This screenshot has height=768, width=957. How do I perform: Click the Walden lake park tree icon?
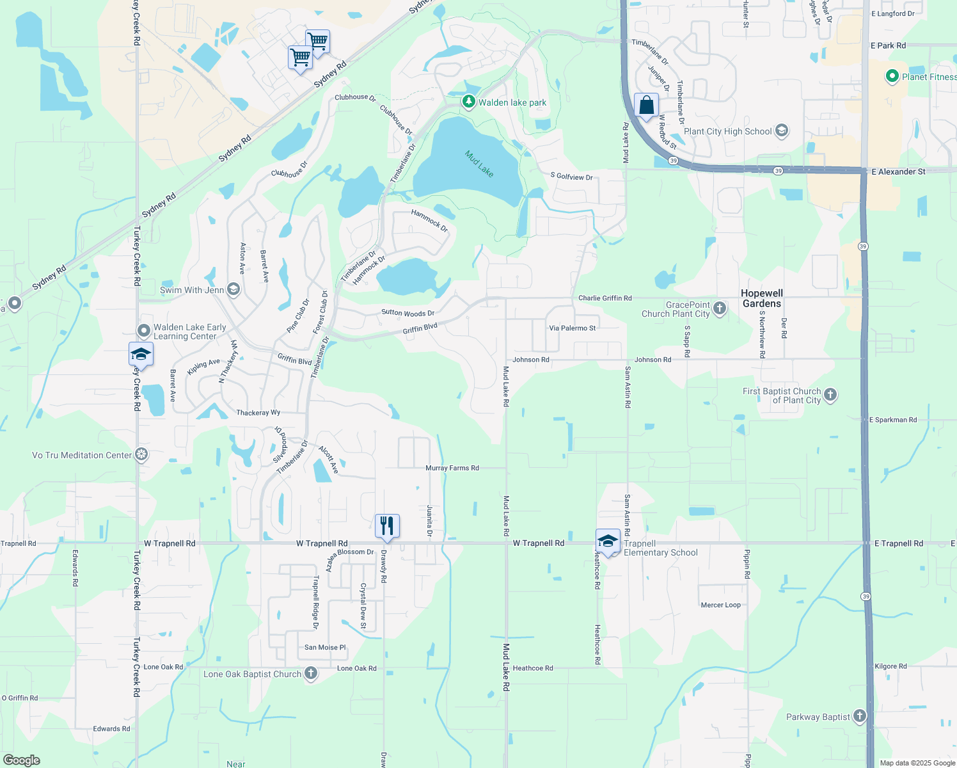coord(469,101)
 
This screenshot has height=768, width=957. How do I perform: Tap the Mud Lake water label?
coord(479,164)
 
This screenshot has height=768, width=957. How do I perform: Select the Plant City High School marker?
coord(781,131)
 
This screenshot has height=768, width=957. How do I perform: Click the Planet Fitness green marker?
coord(892,76)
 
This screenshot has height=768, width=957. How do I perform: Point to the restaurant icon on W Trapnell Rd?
coord(387,526)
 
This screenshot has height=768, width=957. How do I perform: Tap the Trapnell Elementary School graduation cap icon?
coord(608,541)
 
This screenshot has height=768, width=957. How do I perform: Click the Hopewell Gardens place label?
coord(761,298)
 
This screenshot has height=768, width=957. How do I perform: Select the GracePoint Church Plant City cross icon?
coord(720,308)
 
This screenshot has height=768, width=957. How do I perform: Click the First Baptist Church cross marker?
coord(830,395)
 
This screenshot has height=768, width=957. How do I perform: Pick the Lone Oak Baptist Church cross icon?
coord(311,673)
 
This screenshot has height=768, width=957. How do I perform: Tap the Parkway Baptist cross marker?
coord(860,716)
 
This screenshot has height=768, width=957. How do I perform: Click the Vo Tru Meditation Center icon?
coord(142,455)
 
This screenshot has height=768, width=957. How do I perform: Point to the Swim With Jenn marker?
coord(233,289)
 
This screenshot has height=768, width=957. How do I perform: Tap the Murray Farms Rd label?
coord(452,468)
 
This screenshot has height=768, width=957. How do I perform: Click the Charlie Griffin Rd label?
coord(605,298)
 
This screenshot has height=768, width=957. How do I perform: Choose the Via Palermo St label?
coord(572,328)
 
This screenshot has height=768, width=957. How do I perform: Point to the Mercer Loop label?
coord(720,605)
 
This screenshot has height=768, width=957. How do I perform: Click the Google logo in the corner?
coord(22,760)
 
